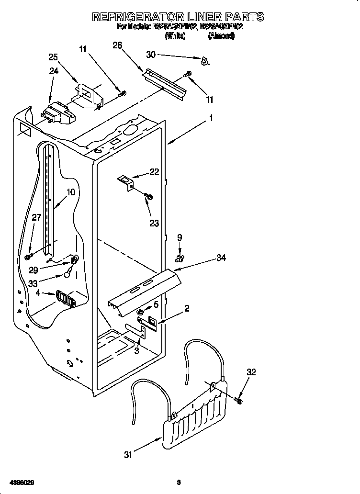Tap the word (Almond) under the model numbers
coord(221,36)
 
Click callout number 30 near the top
coord(151,55)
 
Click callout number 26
coord(117,45)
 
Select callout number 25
coord(54,57)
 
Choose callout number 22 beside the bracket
coord(154,172)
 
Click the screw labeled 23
coord(148,196)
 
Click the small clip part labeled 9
coord(180,258)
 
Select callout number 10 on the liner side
coord(71,192)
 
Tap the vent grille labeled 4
coord(66,299)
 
